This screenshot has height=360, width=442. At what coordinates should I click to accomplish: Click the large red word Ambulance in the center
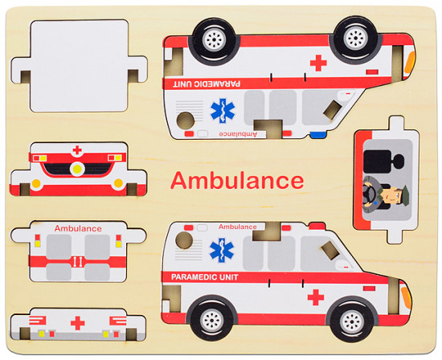(237, 181)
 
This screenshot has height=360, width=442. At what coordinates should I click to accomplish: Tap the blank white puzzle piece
(80, 66)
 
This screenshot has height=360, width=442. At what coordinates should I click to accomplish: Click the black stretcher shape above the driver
(383, 162)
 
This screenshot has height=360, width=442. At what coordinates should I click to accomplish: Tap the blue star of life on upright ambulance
(222, 251)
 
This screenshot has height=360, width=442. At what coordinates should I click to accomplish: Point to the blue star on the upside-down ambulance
(223, 111)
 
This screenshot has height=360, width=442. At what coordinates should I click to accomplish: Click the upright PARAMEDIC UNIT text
(205, 277)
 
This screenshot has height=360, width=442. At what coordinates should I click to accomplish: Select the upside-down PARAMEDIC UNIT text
(207, 84)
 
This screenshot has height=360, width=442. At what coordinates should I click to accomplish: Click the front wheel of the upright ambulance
(352, 320)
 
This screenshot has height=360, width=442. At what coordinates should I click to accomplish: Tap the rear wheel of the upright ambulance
(212, 320)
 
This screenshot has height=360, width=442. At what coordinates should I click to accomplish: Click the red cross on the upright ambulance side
(316, 297)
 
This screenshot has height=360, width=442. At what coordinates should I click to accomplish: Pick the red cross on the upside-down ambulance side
(318, 63)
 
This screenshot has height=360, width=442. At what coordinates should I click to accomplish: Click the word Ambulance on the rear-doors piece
(78, 228)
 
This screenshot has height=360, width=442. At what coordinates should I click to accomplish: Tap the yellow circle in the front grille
(77, 169)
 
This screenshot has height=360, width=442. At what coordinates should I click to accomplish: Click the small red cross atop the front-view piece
(77, 150)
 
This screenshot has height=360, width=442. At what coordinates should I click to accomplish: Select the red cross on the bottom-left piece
(77, 323)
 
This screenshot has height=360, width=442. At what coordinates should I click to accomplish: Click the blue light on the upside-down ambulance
(319, 135)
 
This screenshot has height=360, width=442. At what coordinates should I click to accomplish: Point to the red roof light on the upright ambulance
(317, 226)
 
